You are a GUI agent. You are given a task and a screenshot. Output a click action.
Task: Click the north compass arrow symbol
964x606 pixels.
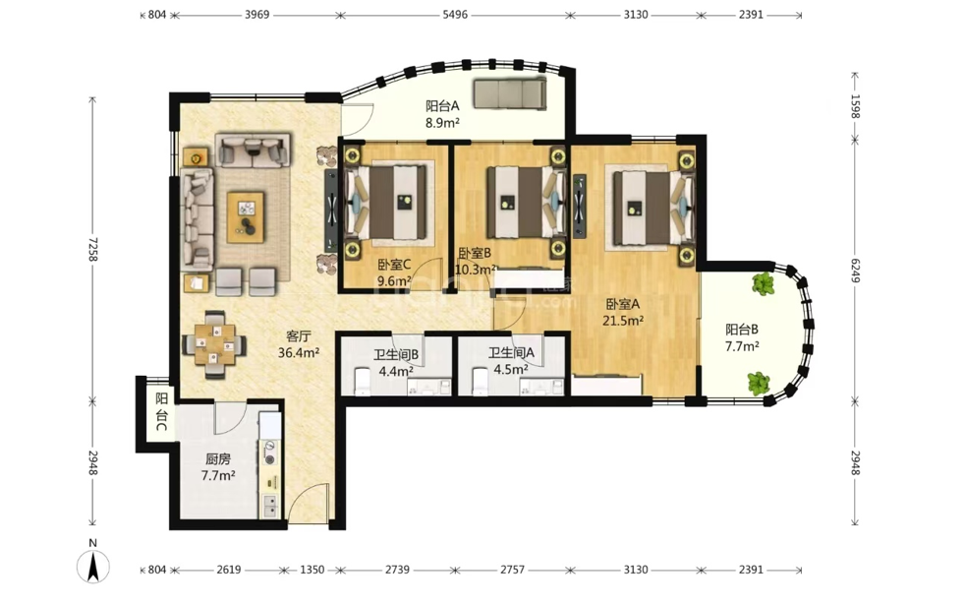(x=93, y=566)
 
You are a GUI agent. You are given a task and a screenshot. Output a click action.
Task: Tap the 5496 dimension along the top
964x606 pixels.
(x=455, y=15)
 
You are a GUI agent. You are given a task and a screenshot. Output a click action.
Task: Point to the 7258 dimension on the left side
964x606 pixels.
(x=92, y=249)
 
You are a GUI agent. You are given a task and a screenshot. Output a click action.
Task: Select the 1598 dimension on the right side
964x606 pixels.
(x=855, y=106)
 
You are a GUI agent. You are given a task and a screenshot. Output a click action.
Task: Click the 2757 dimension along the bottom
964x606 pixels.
(x=512, y=570)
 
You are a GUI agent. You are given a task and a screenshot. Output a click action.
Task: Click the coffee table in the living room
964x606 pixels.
(x=246, y=216)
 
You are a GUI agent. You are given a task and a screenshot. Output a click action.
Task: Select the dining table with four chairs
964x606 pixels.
(x=214, y=344)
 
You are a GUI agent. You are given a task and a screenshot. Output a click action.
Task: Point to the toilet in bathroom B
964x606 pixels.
(x=362, y=382)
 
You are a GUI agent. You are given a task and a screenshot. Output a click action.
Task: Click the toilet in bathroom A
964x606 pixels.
(x=481, y=382)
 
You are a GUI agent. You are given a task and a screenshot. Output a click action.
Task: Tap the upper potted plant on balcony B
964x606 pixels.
(x=763, y=283)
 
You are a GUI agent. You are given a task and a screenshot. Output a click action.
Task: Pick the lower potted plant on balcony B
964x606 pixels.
(x=759, y=384)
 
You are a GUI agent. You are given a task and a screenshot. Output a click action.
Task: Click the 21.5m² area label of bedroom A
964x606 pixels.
(x=623, y=321)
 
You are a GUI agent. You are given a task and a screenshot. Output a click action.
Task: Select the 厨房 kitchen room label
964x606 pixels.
(x=217, y=459)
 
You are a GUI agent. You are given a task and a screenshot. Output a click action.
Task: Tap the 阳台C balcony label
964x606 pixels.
(x=161, y=411)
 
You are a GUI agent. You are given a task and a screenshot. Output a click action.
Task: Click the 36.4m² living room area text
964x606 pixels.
(x=299, y=352)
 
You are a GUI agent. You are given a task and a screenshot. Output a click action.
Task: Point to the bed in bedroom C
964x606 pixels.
(x=385, y=202)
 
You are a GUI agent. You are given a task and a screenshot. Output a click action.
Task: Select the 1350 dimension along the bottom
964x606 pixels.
(x=312, y=570)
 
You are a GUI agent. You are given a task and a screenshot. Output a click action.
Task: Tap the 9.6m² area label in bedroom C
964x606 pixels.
(x=394, y=281)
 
